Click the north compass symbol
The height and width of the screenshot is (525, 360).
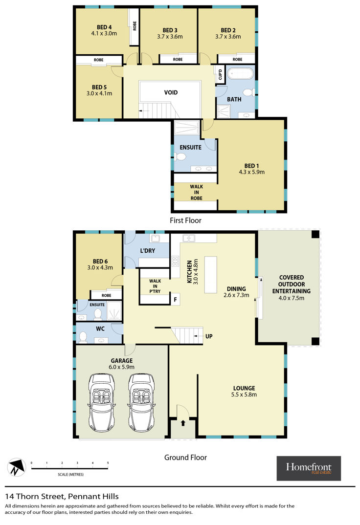point(17,467)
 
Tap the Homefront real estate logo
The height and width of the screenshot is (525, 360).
point(309,468)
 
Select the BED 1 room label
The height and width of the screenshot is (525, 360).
point(251,166)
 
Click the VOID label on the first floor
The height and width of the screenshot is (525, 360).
point(171,92)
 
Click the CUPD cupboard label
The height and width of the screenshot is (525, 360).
point(220,74)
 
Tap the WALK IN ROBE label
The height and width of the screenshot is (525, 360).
point(196,192)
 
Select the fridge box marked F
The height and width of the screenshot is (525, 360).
point(175,299)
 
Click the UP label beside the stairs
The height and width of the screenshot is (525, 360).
point(209,336)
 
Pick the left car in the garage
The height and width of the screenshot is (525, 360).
point(101,403)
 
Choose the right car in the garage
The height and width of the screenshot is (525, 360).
point(141,403)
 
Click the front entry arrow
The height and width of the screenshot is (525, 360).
point(183,423)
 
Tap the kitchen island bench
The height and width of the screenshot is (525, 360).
point(211,275)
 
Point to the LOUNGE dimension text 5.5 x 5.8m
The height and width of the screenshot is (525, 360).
point(244,395)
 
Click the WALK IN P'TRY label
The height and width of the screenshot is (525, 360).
point(155,286)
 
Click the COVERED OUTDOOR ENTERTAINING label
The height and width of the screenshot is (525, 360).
point(292,284)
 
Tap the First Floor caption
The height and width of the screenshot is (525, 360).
point(185,220)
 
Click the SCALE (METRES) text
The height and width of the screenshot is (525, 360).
point(70,475)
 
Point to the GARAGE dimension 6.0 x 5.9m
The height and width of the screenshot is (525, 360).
point(122,367)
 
